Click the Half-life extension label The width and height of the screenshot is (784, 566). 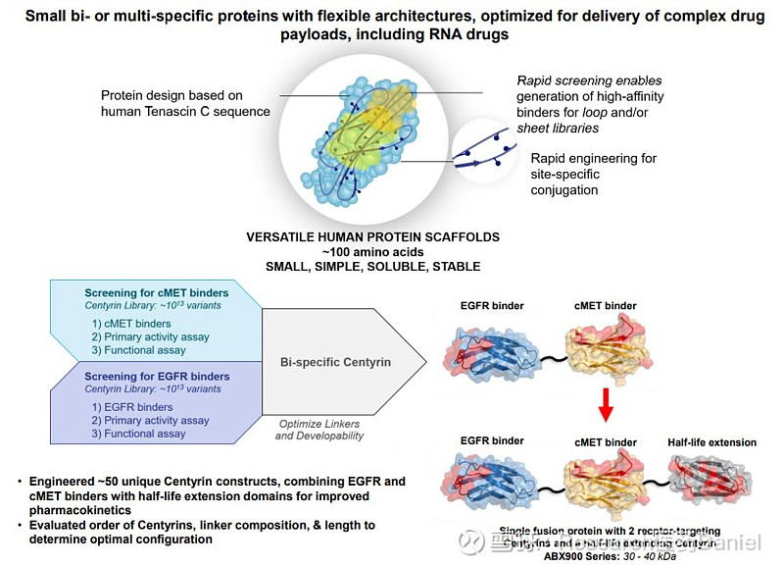711,442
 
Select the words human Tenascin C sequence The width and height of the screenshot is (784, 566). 185,112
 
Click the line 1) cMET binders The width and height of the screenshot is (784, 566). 131,324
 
